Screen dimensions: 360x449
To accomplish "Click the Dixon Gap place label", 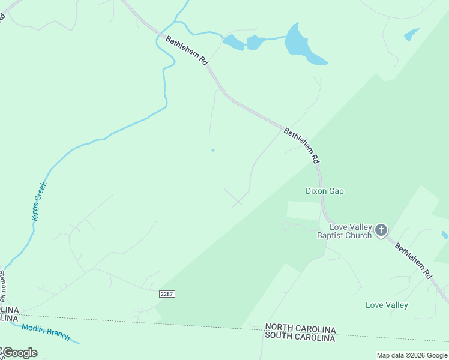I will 324,191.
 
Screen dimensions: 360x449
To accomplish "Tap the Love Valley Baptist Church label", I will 345,231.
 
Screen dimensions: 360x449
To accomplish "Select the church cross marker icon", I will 381,230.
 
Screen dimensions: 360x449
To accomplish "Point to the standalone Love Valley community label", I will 387,305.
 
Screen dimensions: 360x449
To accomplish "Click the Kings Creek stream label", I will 40,201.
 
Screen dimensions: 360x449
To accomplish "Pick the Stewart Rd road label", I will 4,286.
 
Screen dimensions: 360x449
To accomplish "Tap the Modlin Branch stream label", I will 46,332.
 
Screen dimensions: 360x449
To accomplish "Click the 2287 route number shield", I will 167,293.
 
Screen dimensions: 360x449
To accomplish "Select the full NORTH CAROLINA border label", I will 300,329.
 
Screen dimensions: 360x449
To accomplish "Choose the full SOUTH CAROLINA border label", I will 300,338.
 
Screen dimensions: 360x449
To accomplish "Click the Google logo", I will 19,352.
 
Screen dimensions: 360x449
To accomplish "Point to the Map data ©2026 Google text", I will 412,355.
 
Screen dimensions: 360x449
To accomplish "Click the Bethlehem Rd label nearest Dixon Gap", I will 301,146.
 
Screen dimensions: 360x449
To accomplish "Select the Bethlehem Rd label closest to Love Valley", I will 413,260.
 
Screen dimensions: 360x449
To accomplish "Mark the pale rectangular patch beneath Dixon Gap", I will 304,211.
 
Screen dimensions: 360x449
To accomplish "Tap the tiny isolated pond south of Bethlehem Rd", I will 212,150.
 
